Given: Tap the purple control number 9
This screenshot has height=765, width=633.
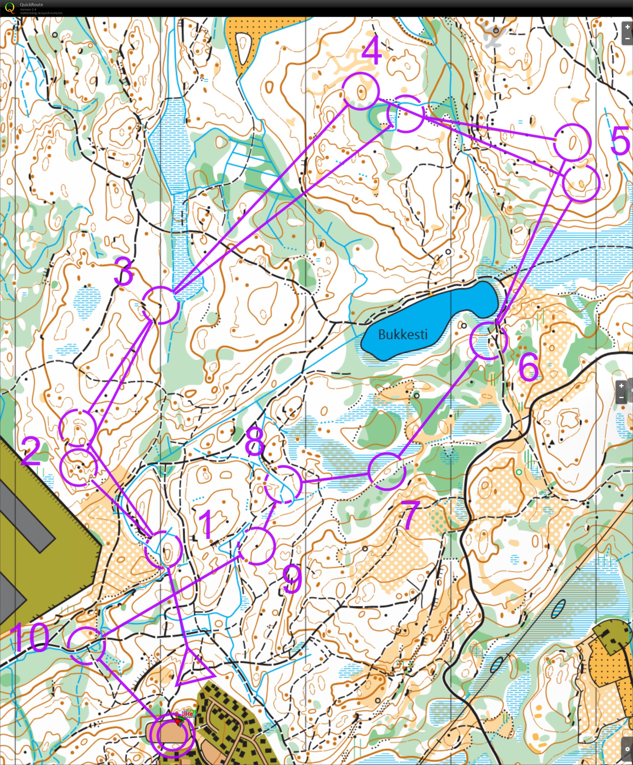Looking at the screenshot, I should click(292, 579).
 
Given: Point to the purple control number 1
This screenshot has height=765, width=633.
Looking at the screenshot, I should click(207, 525).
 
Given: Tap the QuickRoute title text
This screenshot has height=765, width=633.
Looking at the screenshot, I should click(31, 4).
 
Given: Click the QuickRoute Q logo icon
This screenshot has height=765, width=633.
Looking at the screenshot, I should click(10, 7).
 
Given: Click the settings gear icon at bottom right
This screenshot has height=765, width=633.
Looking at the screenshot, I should click(627, 749).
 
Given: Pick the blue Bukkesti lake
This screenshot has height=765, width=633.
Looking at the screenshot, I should click(430, 321).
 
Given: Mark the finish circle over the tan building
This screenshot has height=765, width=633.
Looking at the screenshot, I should click(172, 735).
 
